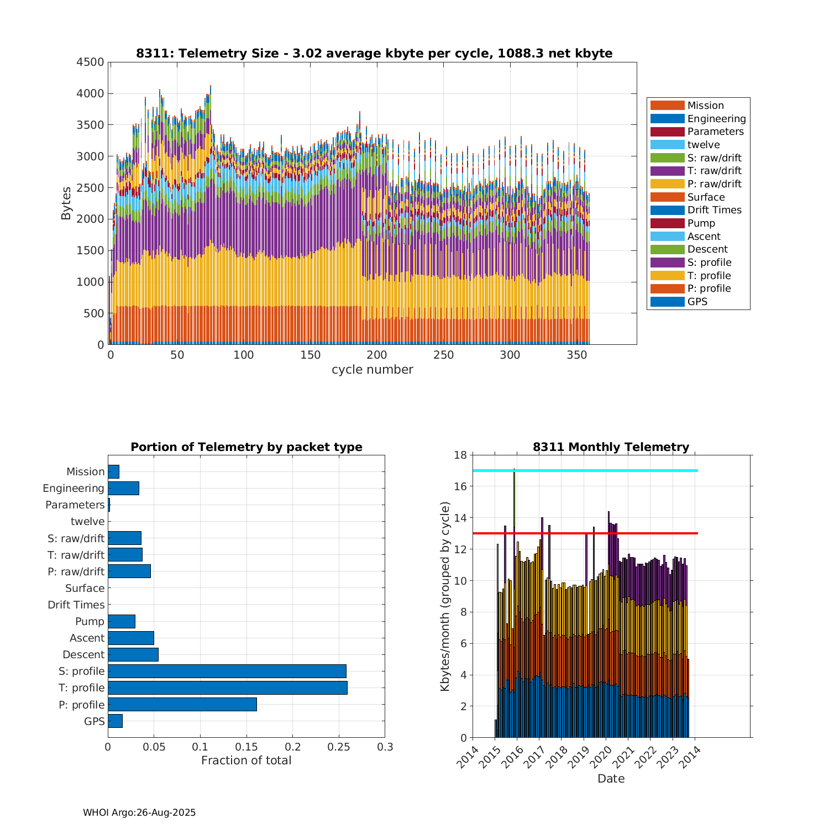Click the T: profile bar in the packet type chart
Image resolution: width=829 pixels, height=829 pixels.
point(227,688)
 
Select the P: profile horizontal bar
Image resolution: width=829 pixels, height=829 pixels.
point(182,704)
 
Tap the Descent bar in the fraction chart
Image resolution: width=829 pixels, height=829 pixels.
point(133,654)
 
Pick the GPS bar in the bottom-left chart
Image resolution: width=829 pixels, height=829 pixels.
point(115,721)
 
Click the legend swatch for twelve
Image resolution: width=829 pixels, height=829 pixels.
point(667,145)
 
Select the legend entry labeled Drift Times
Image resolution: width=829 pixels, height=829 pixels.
point(714,210)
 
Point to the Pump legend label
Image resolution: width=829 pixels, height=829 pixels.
point(701,223)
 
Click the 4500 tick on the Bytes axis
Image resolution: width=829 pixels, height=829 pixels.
point(90,62)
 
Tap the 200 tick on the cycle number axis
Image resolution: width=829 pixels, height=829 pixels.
point(377,355)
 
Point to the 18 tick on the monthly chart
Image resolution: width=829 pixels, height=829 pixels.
point(460,455)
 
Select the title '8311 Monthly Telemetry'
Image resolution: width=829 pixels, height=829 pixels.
point(611,447)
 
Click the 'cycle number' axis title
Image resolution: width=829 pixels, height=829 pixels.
point(372,370)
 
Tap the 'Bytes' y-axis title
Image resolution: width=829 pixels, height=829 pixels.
point(66,203)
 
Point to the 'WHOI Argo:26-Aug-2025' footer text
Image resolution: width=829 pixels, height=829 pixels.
point(139,812)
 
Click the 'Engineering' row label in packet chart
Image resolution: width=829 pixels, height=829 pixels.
point(74,488)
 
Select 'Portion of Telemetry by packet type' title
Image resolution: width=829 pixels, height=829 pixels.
point(246,447)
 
